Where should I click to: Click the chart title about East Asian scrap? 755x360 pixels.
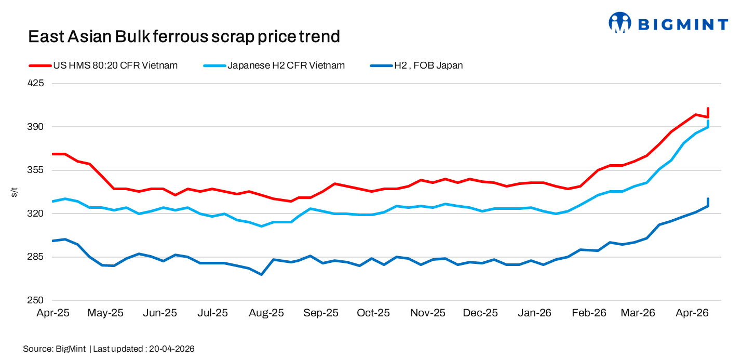[184, 36]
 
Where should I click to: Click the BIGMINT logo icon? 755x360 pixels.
[619, 23]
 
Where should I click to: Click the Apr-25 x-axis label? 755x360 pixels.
[52, 313]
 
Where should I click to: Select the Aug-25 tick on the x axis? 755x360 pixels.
[266, 313]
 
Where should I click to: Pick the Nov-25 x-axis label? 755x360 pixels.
[428, 313]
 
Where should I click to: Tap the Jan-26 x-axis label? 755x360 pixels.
[534, 313]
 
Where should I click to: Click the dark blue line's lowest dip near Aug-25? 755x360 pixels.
[262, 274]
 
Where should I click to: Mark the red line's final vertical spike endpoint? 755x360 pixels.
[708, 109]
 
